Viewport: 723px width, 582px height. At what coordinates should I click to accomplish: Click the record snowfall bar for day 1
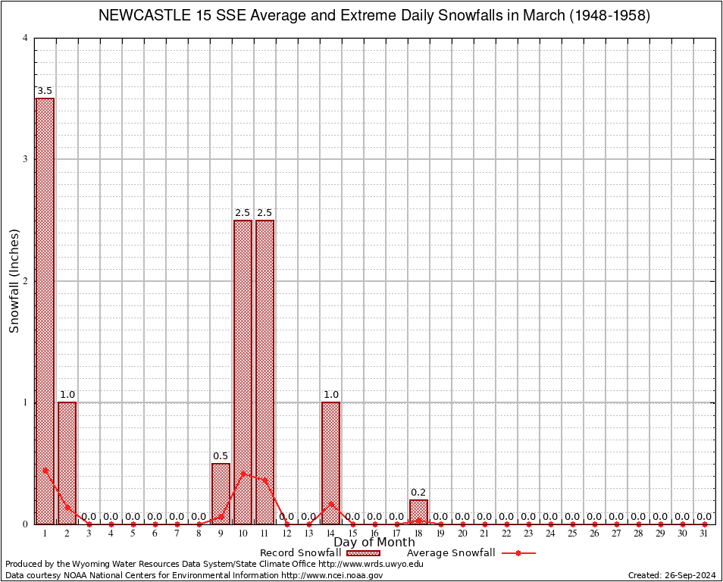coord(45,311)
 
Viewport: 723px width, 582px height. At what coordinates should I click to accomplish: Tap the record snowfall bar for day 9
coord(221,493)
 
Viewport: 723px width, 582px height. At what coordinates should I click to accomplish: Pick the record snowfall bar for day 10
coord(243,371)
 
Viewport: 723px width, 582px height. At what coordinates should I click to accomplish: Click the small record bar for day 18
coord(418,512)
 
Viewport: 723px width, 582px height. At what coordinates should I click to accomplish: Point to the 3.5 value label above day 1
coord(45,91)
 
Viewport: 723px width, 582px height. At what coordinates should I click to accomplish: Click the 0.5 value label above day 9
coord(221,455)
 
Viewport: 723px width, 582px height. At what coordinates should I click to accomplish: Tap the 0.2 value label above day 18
coord(418,492)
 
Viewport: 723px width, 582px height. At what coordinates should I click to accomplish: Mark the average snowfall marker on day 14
coord(330,503)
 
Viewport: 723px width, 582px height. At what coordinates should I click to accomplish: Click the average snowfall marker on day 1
coord(45,470)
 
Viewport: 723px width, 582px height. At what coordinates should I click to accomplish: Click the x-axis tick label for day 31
coord(704,533)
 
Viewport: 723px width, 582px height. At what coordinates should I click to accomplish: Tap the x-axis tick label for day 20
coord(462,533)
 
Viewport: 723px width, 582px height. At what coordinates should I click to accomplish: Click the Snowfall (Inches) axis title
coord(14,281)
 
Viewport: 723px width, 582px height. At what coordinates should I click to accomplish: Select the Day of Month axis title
coord(374,543)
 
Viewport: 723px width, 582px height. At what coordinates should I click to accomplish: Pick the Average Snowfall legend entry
coord(451,553)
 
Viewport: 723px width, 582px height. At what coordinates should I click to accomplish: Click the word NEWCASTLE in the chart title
coord(144,16)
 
